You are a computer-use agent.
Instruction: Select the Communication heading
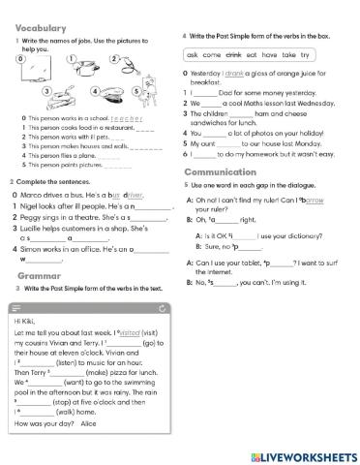click(224, 171)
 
